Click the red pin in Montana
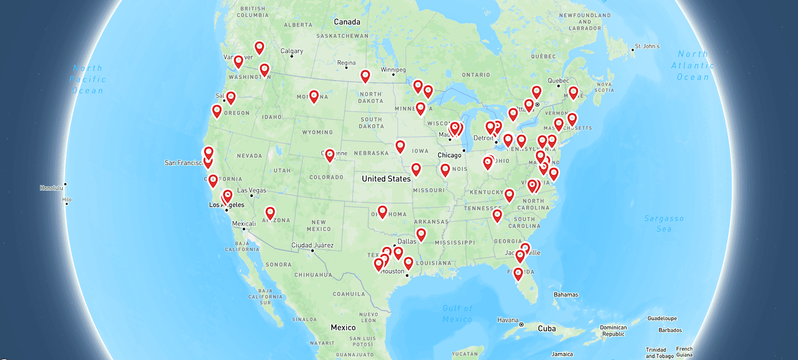tap(314, 96)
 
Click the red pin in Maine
tap(573, 93)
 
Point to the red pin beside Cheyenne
tap(329, 155)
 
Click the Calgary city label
tap(292, 51)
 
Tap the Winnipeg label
tap(393, 70)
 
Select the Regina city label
tap(346, 63)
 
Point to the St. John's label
tap(648, 46)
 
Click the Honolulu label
tap(52, 188)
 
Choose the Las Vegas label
tap(252, 190)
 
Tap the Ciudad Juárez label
tap(312, 245)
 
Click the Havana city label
tap(508, 320)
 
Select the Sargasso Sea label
tap(664, 223)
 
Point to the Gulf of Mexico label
tap(458, 314)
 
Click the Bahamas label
tap(566, 295)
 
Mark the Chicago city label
tap(450, 155)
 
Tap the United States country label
tap(386, 179)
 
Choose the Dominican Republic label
tap(613, 331)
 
